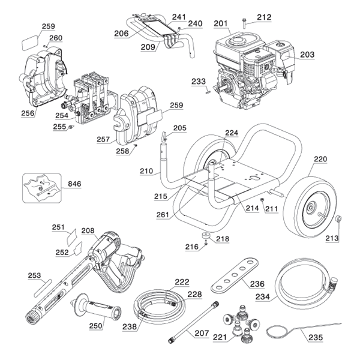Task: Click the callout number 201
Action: click(x=221, y=23)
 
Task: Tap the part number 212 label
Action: click(x=265, y=17)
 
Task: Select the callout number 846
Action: click(x=74, y=184)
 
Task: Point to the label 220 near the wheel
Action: click(x=320, y=160)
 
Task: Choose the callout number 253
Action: click(x=35, y=275)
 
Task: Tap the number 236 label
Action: click(x=257, y=284)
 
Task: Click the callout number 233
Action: click(x=198, y=82)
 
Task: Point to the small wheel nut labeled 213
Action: click(x=338, y=219)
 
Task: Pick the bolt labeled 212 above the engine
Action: click(x=245, y=23)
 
